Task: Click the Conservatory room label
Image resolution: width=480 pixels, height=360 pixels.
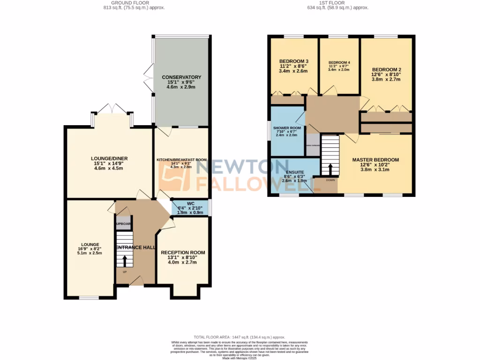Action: [181, 77]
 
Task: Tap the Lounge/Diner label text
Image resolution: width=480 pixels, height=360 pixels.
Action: [109, 158]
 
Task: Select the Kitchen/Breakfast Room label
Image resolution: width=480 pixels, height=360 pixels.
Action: [181, 160]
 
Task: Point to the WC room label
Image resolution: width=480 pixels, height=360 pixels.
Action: [190, 203]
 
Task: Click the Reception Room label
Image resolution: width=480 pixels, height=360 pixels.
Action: [183, 253]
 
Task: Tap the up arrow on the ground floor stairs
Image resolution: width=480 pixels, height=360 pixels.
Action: [125, 259]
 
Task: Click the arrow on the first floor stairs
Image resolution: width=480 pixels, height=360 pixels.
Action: [330, 169]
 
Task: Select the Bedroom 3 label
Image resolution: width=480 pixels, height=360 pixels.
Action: [293, 61]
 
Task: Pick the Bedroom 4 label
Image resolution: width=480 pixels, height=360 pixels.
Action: [339, 63]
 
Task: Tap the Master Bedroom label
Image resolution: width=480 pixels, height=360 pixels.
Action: [375, 160]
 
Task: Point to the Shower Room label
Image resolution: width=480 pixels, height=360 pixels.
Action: [289, 128]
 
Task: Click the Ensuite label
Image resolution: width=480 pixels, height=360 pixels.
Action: [295, 172]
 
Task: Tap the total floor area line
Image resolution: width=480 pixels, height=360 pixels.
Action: [240, 337]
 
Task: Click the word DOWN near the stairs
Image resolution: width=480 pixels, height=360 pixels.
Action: [330, 180]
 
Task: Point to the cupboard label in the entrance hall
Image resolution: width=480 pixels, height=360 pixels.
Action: [123, 224]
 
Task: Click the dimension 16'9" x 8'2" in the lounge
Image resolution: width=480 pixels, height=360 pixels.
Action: [90, 249]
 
